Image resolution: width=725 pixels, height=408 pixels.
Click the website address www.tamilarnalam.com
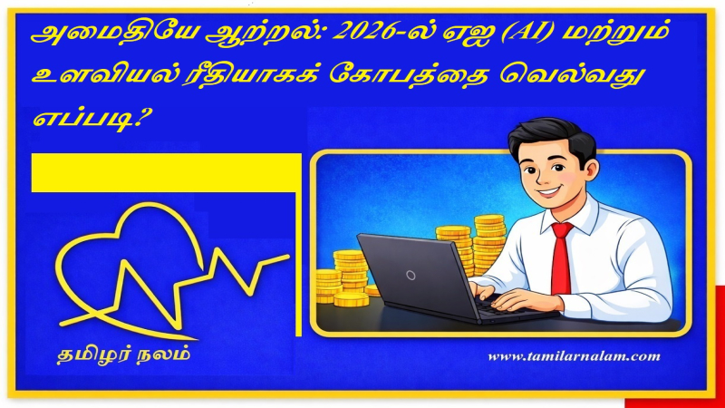pos(574,356)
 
